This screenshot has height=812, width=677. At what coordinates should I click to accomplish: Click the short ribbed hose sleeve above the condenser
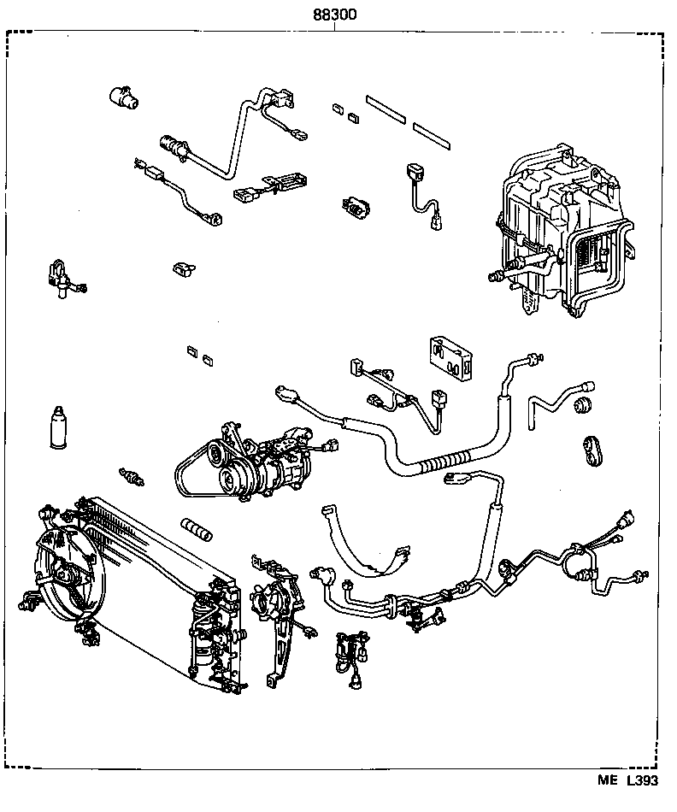tap(195, 528)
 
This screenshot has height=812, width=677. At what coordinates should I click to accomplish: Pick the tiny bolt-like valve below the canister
tap(132, 476)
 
